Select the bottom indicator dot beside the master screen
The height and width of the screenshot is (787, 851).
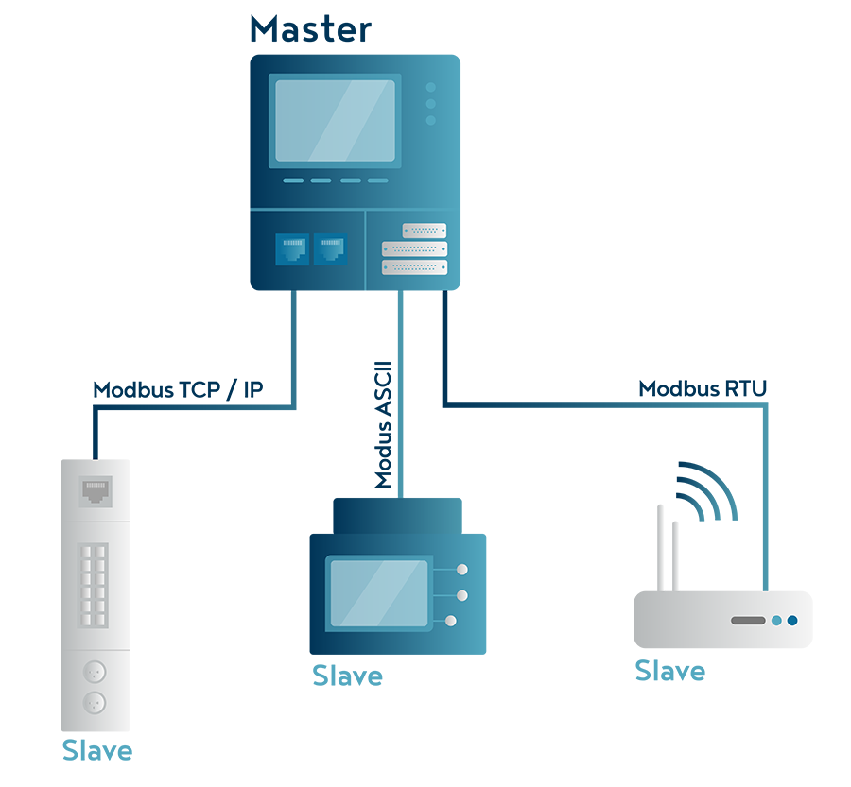[x=430, y=120]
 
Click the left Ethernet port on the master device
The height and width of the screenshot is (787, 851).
[x=292, y=249]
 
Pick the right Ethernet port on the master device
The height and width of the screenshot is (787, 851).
[x=330, y=249]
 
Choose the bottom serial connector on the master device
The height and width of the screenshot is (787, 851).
[x=413, y=267]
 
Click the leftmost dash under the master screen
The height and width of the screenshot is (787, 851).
[x=293, y=180]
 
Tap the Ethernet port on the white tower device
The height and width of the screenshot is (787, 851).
[x=96, y=490]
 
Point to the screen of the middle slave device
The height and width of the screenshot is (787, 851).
[x=377, y=593]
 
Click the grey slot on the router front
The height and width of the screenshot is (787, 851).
[x=747, y=621]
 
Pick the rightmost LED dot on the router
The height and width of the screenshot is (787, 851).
[x=792, y=621]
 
